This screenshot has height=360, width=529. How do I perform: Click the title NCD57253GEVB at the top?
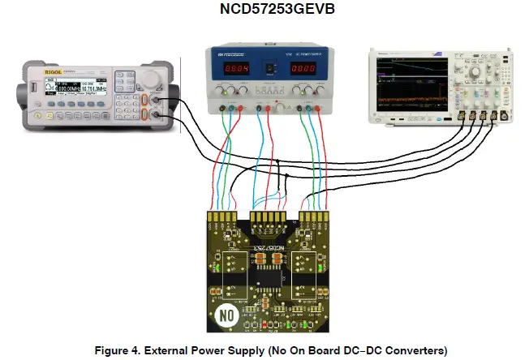point(264,11)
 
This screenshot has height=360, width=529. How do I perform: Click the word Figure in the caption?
point(114,350)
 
